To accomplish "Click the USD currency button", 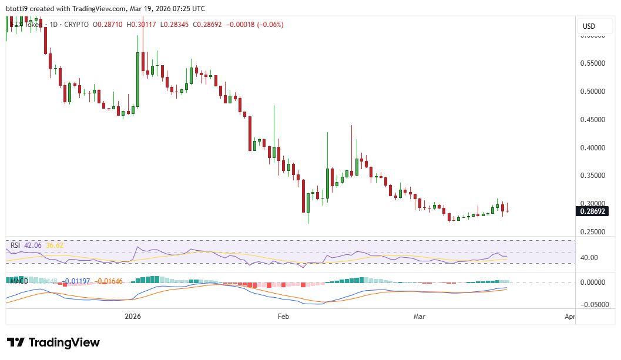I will (588, 26).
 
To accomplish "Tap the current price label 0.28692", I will (592, 211).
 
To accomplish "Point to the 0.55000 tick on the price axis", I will (593, 63).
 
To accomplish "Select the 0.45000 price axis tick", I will (593, 120).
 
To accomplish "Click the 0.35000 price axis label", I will (593, 176).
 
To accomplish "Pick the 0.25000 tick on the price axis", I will (593, 232).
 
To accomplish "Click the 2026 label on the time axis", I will (133, 317).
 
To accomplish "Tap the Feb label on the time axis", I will (283, 317).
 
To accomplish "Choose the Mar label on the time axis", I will (419, 317).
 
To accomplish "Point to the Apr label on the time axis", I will (569, 317).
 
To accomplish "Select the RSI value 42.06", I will (33, 244).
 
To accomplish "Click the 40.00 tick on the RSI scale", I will (589, 258).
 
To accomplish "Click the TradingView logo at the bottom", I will (53, 343).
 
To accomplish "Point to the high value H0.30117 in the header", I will (143, 25).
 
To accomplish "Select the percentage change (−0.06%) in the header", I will (270, 25).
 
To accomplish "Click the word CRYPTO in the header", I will (76, 25).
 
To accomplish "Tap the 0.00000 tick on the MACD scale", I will (593, 282).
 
